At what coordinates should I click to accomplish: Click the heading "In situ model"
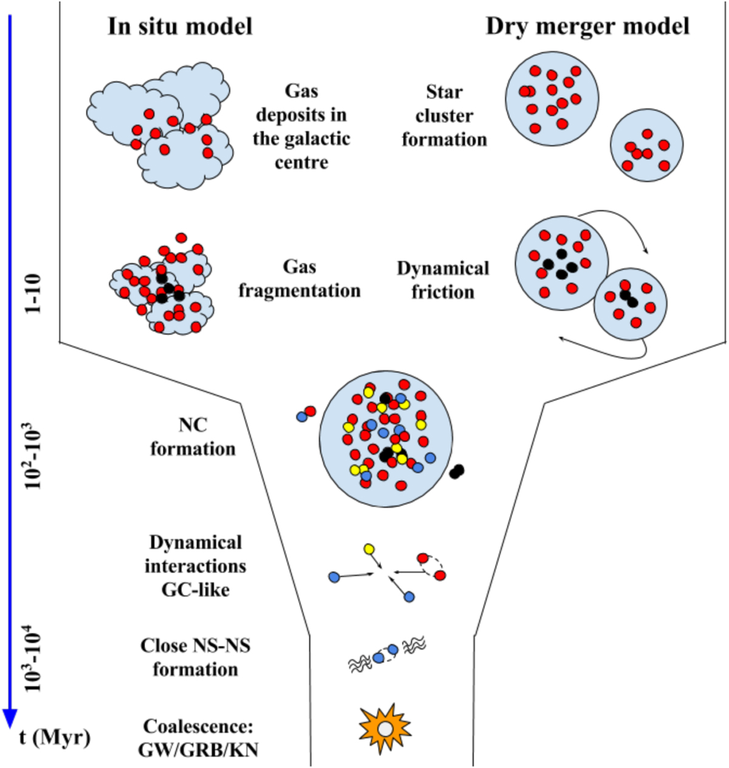pos(180,27)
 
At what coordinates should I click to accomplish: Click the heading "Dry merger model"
pos(587,27)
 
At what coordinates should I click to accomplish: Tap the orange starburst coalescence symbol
pos(385,728)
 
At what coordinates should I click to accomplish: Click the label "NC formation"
pos(193,437)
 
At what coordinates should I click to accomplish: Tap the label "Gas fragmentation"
pos(299,279)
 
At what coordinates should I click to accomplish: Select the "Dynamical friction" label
pos(443,280)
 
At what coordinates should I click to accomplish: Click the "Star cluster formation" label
pos(444,116)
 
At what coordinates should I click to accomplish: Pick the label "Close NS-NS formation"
pos(195,657)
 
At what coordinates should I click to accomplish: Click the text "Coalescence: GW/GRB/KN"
pos(198,738)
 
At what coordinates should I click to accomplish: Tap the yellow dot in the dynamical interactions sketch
pos(369,549)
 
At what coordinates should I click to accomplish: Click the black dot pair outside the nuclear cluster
pos(457,471)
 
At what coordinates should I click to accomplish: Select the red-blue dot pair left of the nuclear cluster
pos(306,414)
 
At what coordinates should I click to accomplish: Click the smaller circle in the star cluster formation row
pos(646,145)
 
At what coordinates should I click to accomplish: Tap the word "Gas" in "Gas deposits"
pos(301,91)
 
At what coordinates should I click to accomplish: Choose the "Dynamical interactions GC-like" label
pos(195,566)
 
